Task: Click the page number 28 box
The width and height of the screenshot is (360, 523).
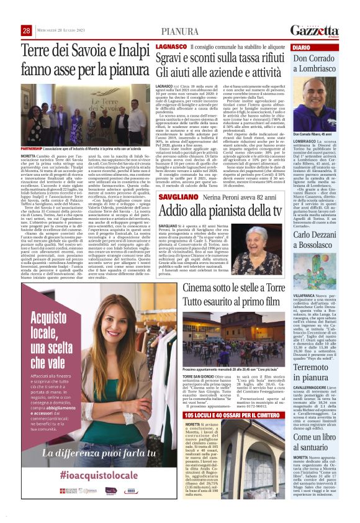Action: [x=27, y=30]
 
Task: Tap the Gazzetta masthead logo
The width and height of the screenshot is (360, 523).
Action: [x=317, y=30]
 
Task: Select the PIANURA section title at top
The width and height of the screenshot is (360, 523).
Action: [x=180, y=31]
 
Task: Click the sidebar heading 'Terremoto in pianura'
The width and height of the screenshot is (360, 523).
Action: [x=317, y=355]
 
